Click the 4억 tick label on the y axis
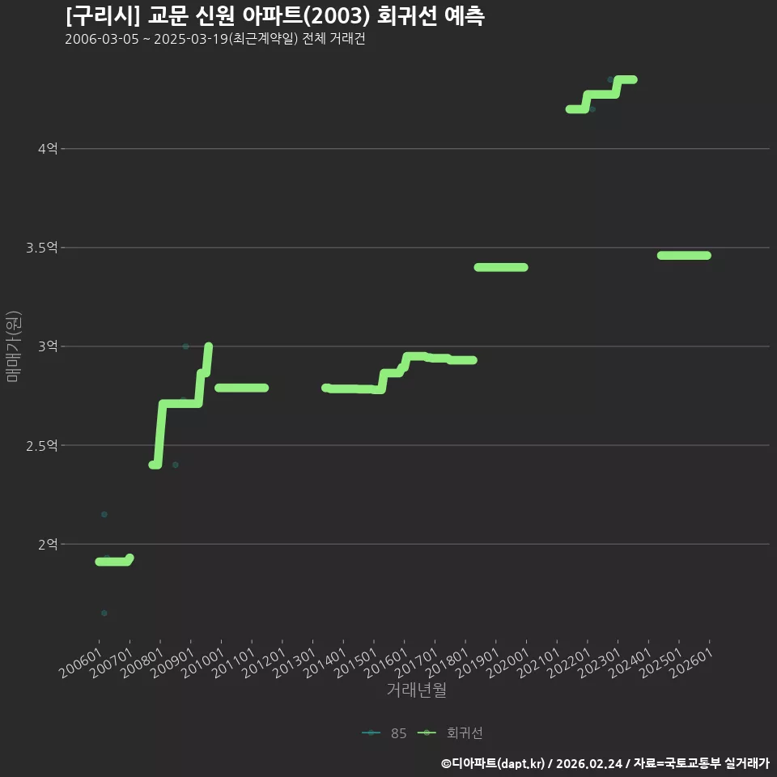coord(48,149)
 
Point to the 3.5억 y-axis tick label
coord(42,248)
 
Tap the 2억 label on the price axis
coord(48,544)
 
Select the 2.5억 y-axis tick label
coord(42,445)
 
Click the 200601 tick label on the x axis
coord(81,663)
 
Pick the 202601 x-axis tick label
coord(691,663)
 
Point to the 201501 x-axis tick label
coord(355,663)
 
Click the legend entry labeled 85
coord(384,733)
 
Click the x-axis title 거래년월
coord(417,690)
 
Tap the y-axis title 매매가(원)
coord(13,346)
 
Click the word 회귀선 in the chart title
coord(407,16)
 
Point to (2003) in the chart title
coord(337,16)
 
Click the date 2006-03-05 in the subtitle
coord(102,39)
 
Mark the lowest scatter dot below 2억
coord(104,613)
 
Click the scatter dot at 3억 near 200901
coord(186,346)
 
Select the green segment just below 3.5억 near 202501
coord(684,256)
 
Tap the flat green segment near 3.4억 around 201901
coord(501,268)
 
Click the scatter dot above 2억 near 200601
coord(104,515)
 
